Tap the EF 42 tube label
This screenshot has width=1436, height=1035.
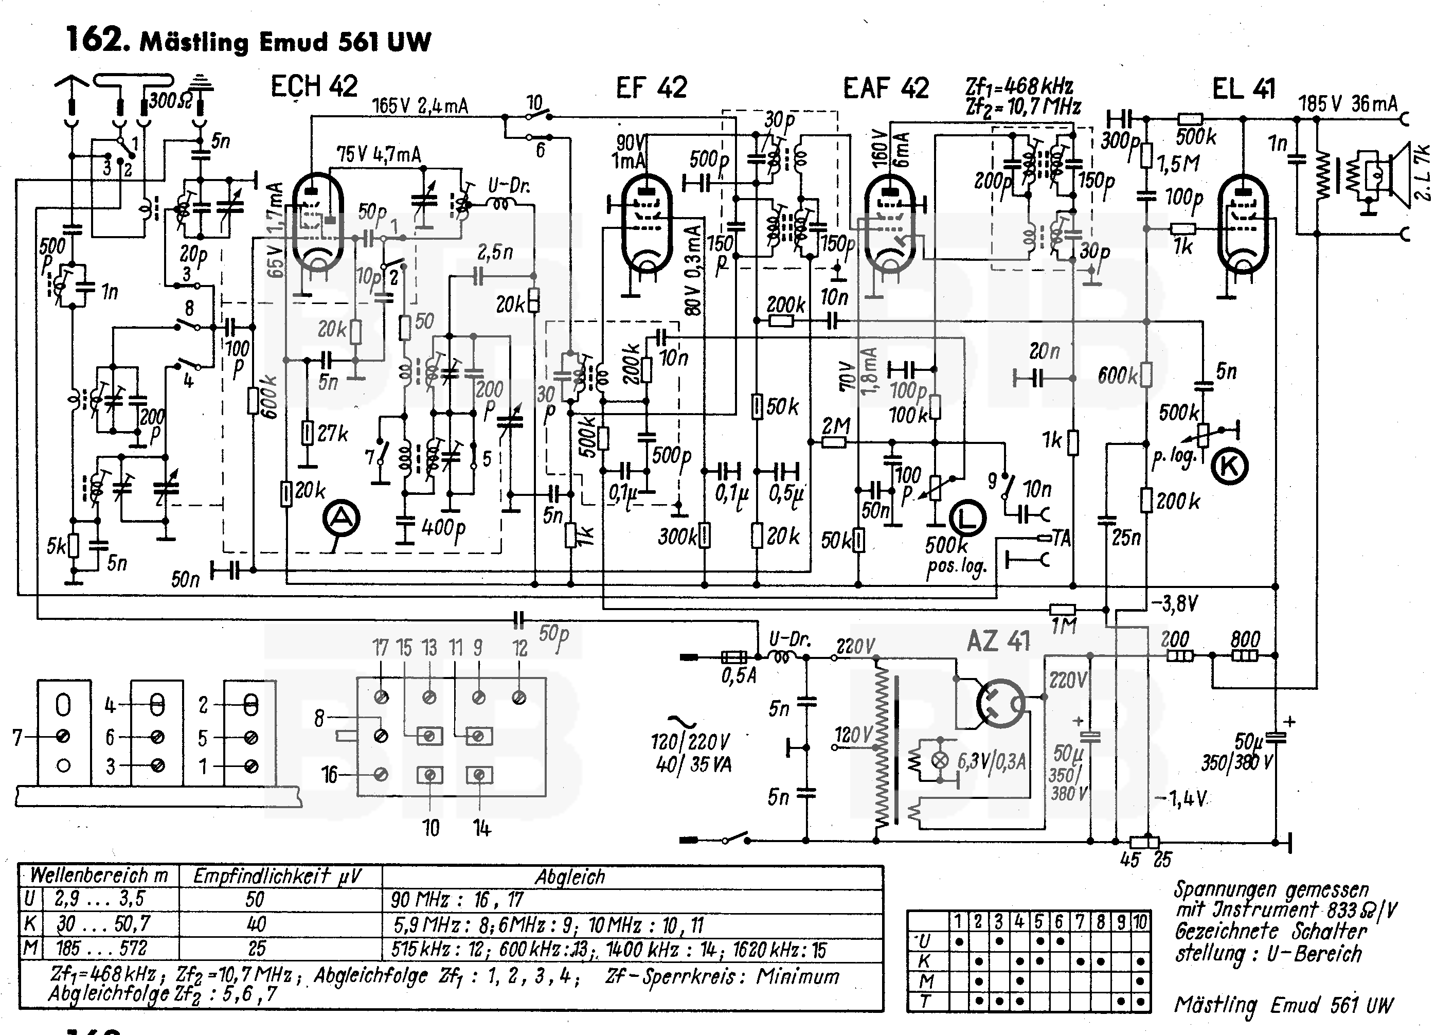click(x=651, y=87)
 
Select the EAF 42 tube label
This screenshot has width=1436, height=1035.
click(x=886, y=88)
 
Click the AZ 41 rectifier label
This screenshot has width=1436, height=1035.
click(x=998, y=641)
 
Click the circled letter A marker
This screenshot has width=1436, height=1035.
click(x=342, y=518)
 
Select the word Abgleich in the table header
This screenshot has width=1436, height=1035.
click(x=570, y=877)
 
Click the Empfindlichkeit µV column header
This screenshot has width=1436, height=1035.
click(x=277, y=876)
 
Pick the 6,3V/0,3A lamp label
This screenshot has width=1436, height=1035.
click(x=992, y=761)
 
